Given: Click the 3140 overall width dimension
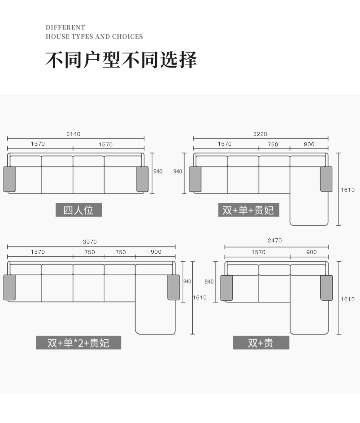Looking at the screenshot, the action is coord(73,134).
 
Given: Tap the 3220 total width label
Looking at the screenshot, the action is coord(260,134).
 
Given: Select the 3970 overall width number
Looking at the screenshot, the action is coord(90,242).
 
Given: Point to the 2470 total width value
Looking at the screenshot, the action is coord(275,240).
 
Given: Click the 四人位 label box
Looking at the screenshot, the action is coord(79,210).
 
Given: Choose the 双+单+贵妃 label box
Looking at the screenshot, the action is coord(249,210).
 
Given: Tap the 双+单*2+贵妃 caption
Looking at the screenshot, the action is coord(79,343).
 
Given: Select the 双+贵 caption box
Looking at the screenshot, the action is coord(261,343).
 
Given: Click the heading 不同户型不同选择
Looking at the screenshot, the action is coord(121,60).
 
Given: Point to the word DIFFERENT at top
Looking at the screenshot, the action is coord(65,27).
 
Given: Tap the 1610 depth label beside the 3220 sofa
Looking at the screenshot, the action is coord(348,190).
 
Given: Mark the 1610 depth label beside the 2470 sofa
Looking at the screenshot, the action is coord(348,299).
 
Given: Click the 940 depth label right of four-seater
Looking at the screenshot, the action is coord(158,171).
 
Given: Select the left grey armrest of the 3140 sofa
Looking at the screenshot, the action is coord(9,179).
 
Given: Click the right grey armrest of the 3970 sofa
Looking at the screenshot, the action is coord(173,287).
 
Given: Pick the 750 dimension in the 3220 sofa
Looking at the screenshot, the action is coord(273,145).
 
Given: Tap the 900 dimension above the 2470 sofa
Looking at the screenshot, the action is coord(311,252).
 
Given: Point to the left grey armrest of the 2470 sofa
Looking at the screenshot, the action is coord(227,288).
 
